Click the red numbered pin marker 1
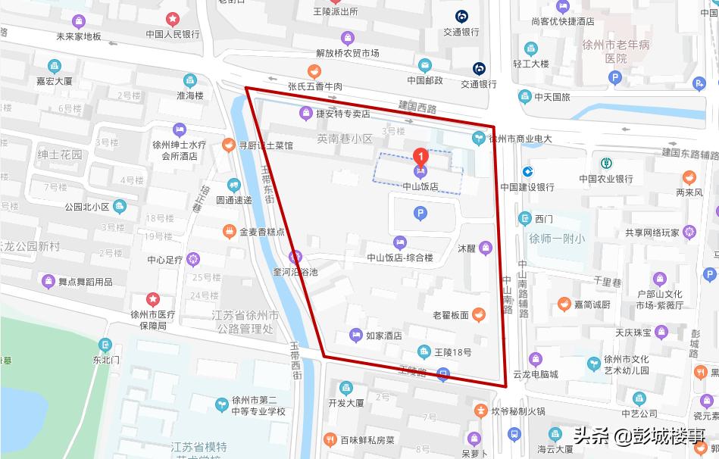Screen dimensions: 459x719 point(420,157)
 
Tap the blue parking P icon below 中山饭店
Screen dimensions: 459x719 point(420,214)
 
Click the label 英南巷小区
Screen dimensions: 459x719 point(345,139)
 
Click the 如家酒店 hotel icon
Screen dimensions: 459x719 point(355,336)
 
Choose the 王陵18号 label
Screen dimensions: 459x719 point(453,352)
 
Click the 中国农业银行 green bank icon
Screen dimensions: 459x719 point(606,163)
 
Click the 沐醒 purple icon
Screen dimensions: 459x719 point(486,248)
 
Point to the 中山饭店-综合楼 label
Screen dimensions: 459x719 point(399,258)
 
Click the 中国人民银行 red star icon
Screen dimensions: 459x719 point(173,18)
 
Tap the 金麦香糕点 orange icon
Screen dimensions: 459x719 point(230,230)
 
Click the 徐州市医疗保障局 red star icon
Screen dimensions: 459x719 point(153,299)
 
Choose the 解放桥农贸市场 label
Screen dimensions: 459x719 point(348,53)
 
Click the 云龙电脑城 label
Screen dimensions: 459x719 point(535,374)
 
